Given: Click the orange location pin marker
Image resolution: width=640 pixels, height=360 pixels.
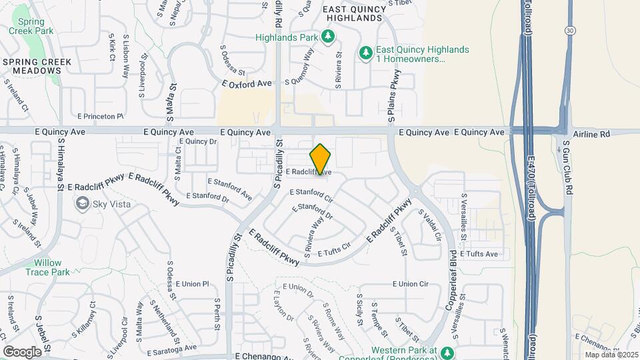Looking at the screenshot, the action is [x=321, y=159].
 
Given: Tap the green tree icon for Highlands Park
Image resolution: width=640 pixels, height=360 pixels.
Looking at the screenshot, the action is [x=328, y=36].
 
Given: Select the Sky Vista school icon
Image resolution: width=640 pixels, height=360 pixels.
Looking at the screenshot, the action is [x=83, y=204].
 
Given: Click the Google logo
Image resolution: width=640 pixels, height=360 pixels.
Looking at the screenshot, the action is [x=23, y=351].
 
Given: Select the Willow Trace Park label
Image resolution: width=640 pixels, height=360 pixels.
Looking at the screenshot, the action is [x=48, y=267].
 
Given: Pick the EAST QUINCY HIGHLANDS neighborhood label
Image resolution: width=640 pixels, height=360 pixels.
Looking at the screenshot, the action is [x=354, y=13].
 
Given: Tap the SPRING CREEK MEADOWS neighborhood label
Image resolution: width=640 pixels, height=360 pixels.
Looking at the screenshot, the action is [x=37, y=67].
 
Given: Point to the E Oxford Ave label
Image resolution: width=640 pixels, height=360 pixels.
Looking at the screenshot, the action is [x=247, y=83].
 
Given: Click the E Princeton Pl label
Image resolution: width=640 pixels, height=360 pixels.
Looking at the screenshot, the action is [x=101, y=116].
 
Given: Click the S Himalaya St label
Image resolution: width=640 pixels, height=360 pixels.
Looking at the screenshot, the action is [x=60, y=163].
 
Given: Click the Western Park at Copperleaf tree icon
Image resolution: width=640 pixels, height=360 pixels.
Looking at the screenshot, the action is [x=449, y=351].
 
